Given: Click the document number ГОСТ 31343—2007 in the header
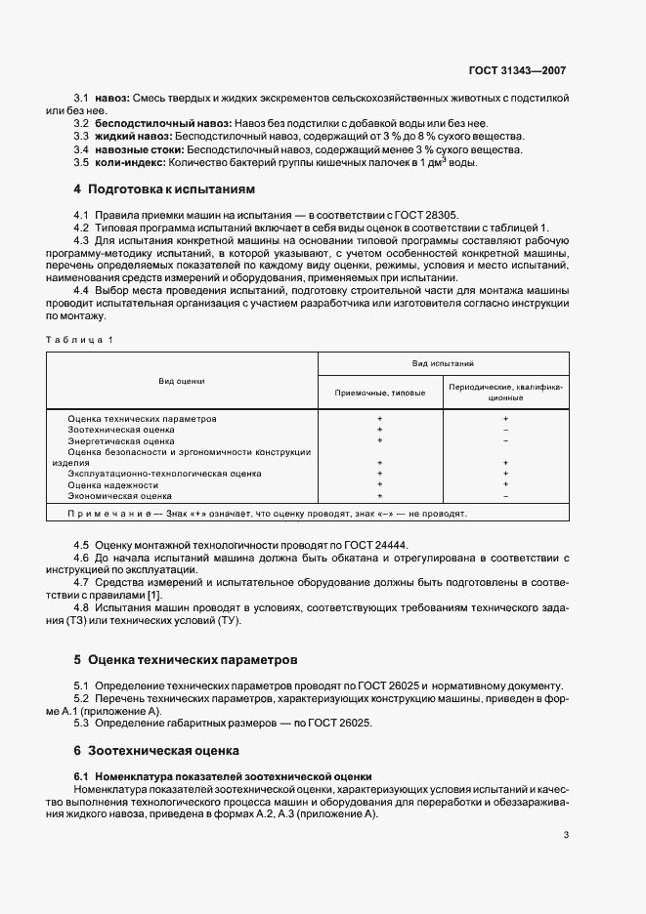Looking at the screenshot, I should coord(517,71).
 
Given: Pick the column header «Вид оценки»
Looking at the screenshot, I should coord(182,380).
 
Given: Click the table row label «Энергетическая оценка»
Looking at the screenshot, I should coord(121,440).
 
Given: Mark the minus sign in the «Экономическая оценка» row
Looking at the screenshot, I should coord(505,496).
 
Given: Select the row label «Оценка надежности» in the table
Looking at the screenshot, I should coord(112,484).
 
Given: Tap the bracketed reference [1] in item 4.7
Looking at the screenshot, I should coord(154,596).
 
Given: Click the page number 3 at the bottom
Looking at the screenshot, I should coord(566,834).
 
